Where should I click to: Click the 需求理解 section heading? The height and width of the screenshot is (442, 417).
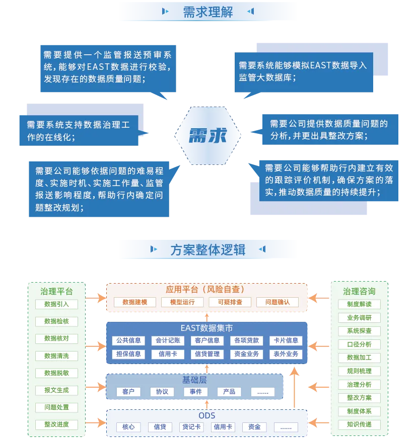coord(208,12)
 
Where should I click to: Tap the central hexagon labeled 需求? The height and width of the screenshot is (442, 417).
coord(208,135)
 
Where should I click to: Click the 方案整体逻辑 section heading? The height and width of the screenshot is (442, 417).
coord(208,249)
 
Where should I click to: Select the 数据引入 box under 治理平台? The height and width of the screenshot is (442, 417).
coord(56,304)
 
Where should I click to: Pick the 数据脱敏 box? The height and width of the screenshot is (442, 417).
coord(56,373)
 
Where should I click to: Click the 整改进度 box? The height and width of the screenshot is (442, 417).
coord(56,424)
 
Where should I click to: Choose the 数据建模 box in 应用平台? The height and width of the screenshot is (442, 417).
coord(134,302)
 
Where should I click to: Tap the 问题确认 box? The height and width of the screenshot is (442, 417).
coord(277,302)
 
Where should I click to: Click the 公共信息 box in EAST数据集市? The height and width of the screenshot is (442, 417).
coord(128,340)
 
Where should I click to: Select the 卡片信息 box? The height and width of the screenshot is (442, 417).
coord(286,340)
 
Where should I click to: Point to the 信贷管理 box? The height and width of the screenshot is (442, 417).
coord(207,354)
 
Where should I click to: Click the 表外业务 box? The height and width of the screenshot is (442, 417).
coord(286,354)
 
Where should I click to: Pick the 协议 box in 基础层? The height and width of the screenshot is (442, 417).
coord(162,392)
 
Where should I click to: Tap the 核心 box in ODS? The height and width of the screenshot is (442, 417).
coord(128,427)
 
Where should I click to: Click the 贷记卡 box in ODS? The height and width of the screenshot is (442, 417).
coord(191,427)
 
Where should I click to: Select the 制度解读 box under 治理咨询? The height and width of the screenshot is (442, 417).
coord(359,304)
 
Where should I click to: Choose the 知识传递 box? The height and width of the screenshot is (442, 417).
coord(359,424)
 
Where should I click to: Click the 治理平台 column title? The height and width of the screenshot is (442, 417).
coord(56,291)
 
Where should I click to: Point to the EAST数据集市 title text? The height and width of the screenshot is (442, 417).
coord(206,328)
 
